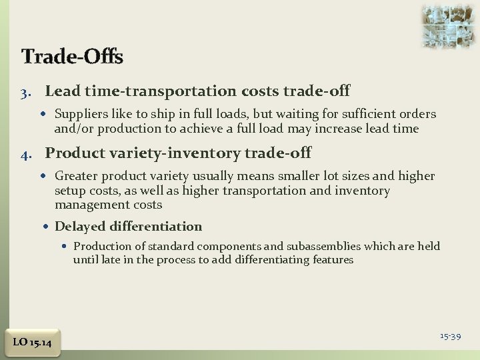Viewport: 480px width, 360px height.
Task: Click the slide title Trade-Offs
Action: coord(72,57)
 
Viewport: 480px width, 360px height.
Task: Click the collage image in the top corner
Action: coord(448,26)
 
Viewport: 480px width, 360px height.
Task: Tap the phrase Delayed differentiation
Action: coord(128,227)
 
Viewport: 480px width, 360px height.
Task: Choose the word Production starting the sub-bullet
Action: coord(99,246)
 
